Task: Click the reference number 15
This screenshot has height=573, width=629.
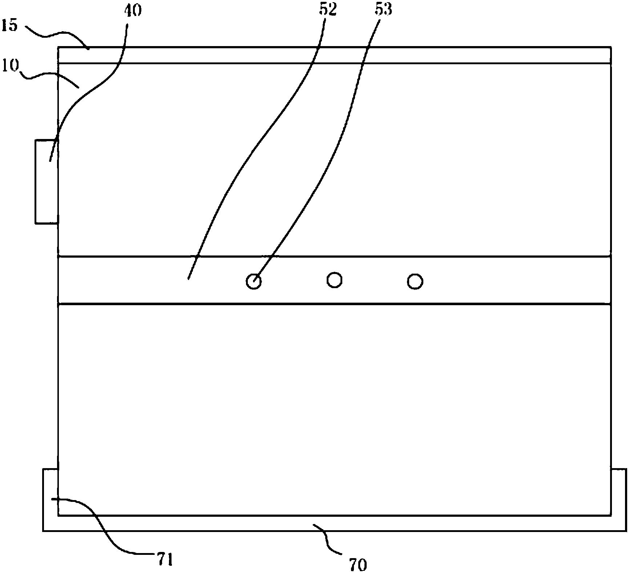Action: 9,26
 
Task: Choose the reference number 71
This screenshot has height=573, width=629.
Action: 164,559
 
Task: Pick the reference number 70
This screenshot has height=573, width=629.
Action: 358,564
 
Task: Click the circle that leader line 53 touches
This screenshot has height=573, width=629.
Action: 254,281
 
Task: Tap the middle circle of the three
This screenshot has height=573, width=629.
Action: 334,280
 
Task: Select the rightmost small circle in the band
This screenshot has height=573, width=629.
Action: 415,282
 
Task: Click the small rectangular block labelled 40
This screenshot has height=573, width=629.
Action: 47,181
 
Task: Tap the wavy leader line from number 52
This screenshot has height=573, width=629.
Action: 254,145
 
